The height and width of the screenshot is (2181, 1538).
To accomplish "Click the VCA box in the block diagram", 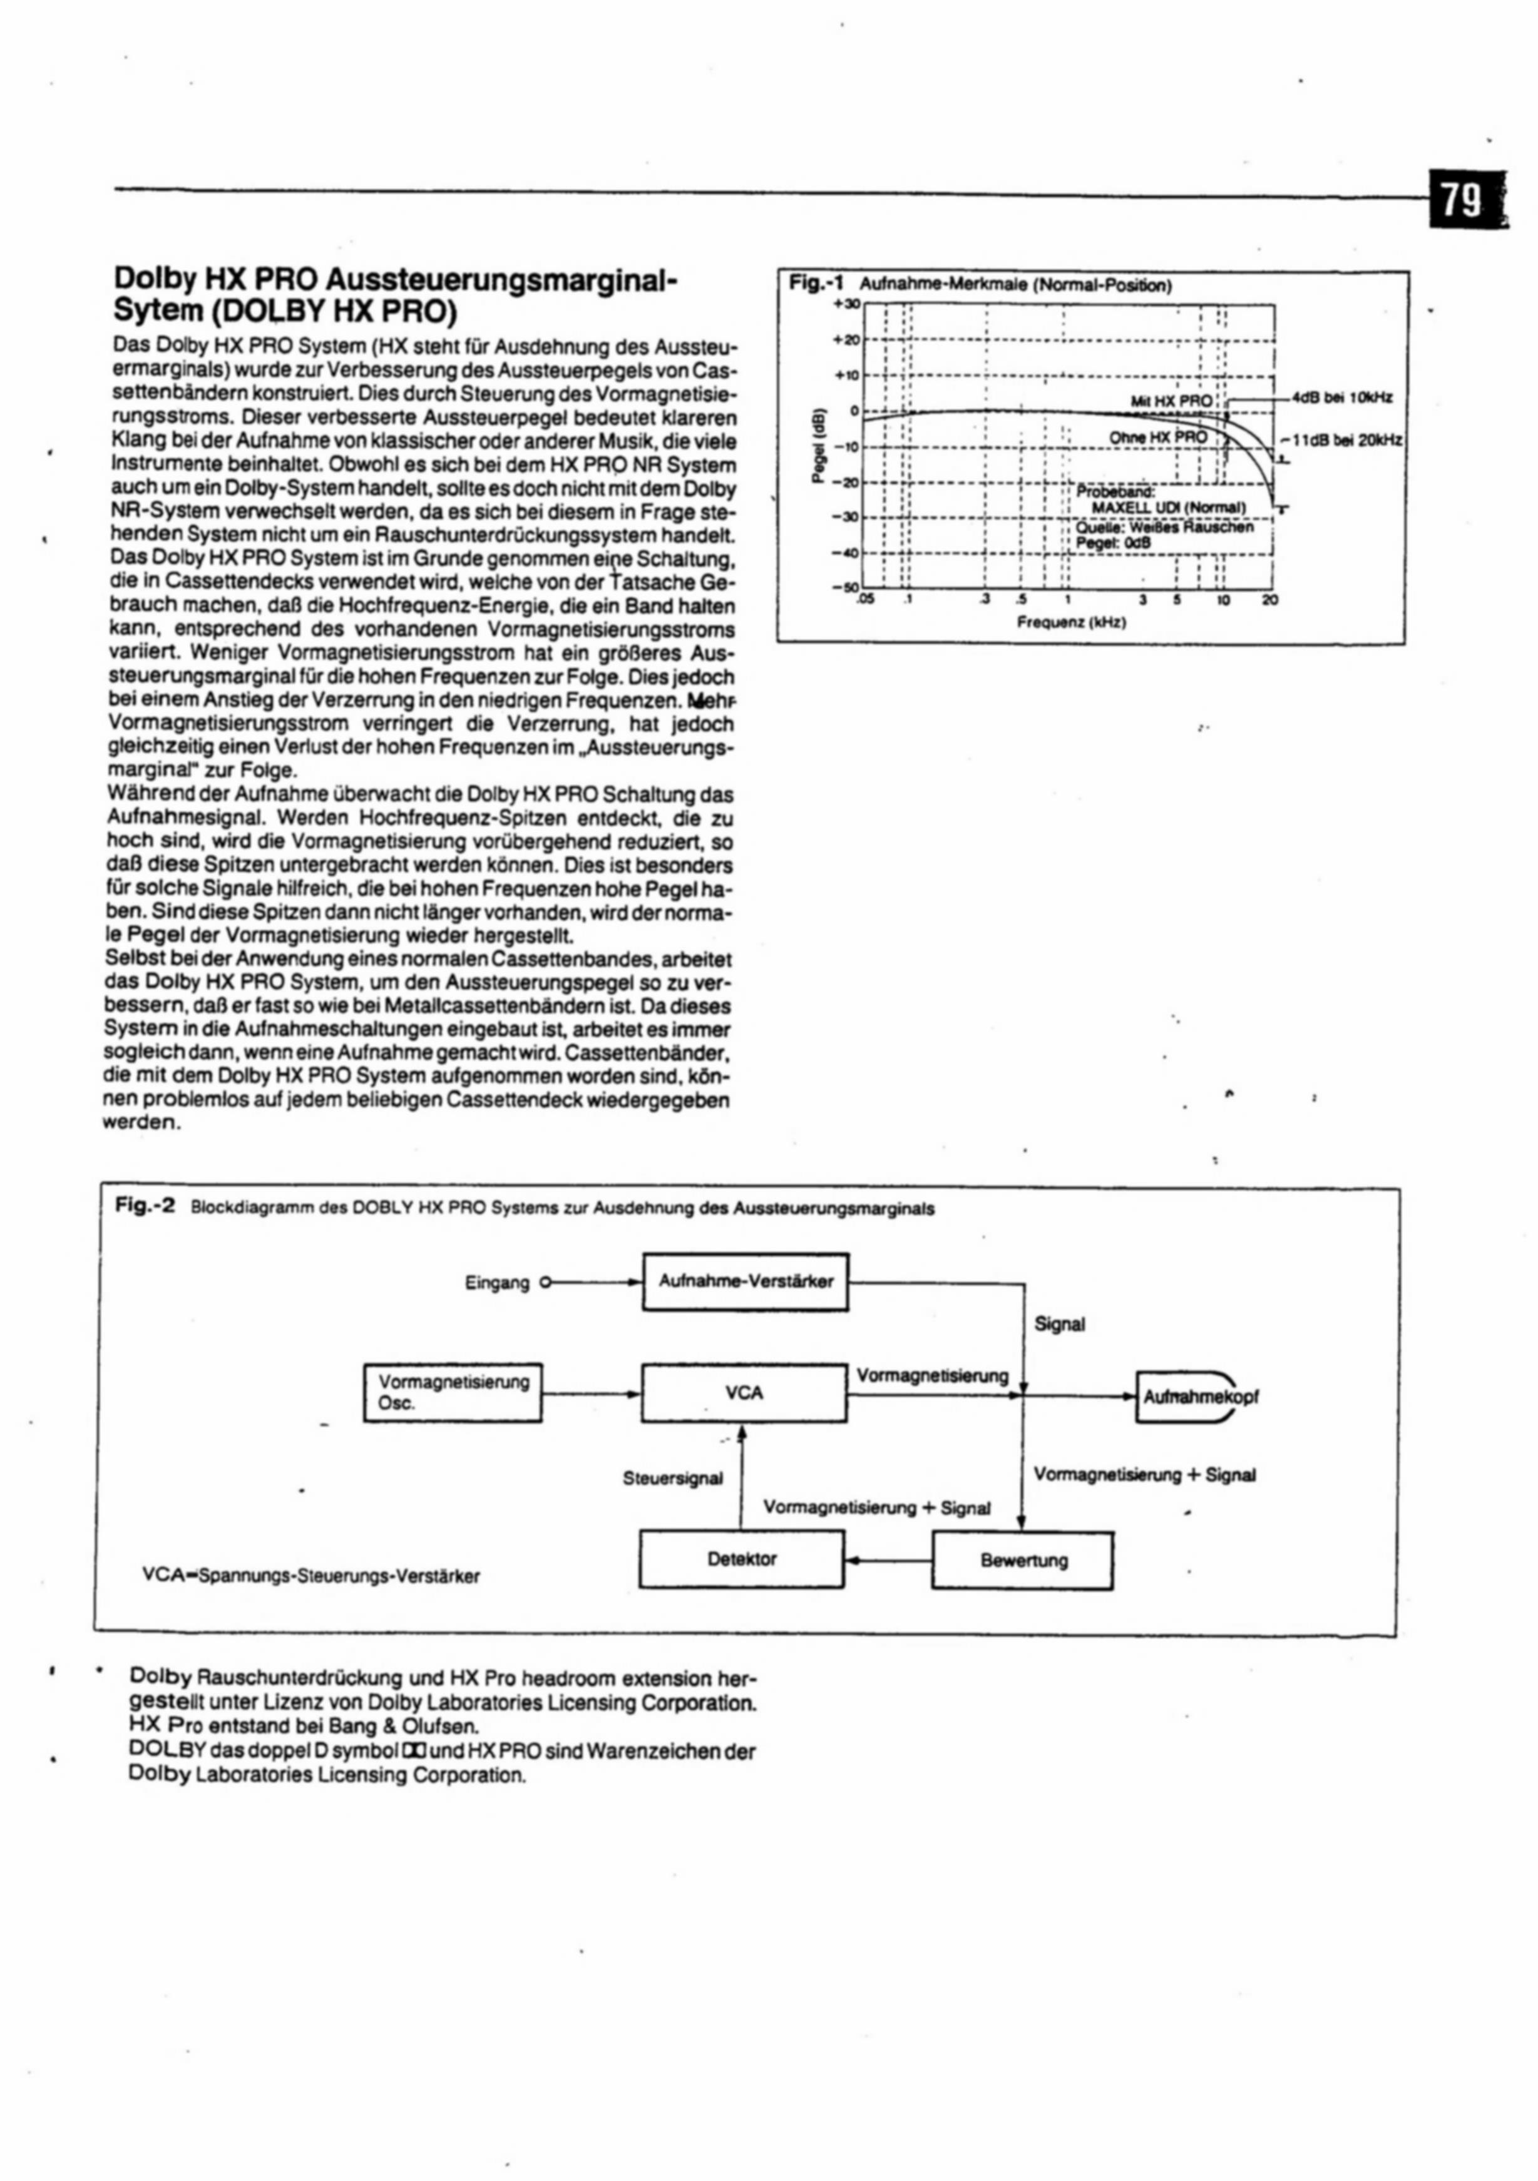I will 744,1393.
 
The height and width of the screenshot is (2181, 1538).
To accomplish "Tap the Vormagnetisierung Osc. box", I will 453,1393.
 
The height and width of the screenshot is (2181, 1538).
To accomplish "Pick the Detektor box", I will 742,1559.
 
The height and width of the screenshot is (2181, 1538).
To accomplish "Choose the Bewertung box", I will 1023,1561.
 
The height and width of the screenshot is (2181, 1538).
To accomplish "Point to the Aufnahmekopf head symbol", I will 1187,1397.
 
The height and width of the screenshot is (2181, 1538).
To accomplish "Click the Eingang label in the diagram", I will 497,1283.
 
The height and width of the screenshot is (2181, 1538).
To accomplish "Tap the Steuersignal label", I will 672,1478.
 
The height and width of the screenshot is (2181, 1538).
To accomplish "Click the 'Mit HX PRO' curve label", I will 1171,401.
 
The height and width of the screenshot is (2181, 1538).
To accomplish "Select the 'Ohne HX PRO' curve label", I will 1158,437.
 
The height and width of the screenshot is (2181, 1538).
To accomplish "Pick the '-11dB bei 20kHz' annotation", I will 1341,441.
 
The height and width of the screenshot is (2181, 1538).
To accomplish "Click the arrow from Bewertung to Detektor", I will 888,1560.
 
